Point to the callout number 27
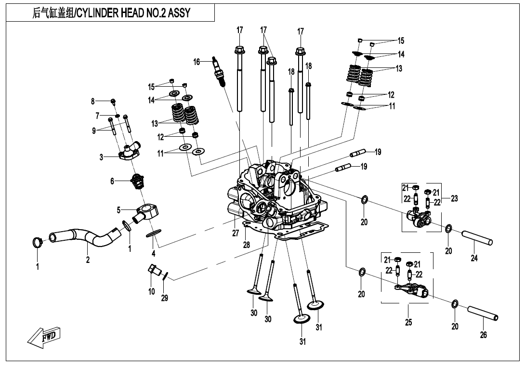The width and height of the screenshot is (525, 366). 236,233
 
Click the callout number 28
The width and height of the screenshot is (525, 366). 247,245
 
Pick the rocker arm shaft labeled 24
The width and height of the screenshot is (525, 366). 477,238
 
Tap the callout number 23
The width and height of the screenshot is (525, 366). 454,198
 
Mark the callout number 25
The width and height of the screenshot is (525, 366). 408,322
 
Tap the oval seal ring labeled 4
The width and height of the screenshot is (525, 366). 153,234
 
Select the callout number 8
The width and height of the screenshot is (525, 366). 93,101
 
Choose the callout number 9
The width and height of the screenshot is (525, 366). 94,130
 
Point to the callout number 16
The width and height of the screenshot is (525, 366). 197,62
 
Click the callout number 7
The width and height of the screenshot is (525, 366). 97,116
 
